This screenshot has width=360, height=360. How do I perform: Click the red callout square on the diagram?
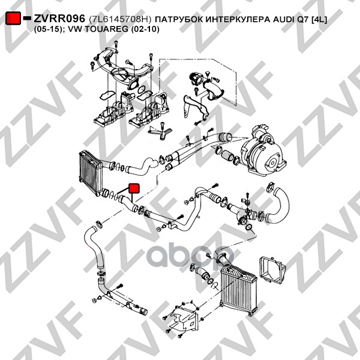tap(134, 188)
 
